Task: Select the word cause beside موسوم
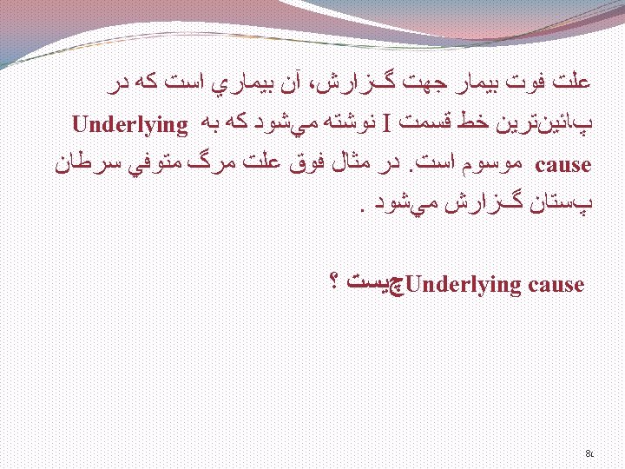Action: click(x=564, y=163)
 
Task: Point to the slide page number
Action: click(x=589, y=452)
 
